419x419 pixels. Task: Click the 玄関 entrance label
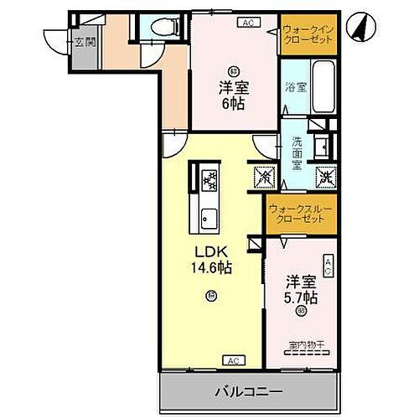point(83,43)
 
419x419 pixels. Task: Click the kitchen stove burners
point(208,178)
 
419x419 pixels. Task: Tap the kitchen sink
point(207,221)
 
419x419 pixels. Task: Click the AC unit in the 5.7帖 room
point(328,268)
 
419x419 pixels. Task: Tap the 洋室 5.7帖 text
point(299,289)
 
